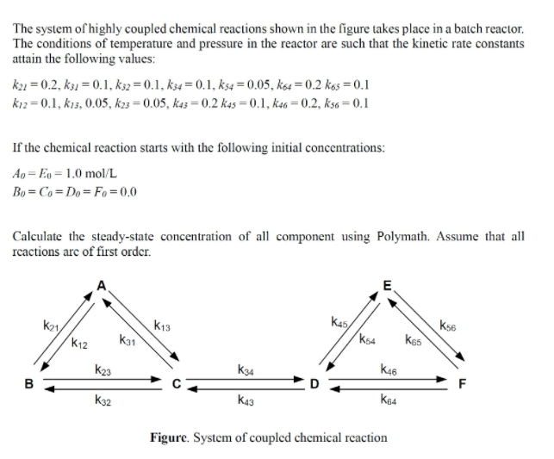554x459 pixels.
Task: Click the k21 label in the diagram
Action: (51, 325)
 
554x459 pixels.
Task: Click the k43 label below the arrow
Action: (245, 400)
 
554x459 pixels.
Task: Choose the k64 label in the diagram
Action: (389, 400)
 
